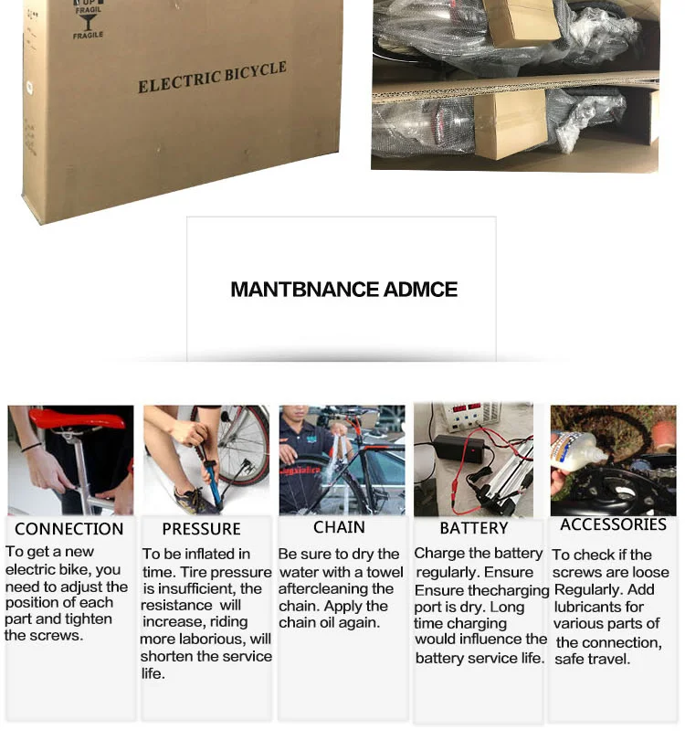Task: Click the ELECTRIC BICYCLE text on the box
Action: pos(212,78)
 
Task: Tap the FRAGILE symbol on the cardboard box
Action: pos(89,20)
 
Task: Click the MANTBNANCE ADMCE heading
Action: pos(343,290)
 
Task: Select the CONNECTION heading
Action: pos(68,529)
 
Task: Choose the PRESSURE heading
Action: pos(201,529)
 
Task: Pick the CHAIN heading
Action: pos(339,527)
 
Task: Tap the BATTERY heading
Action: pos(473,528)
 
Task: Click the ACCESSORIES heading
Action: pos(613,524)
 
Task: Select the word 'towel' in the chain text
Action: pos(385,572)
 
